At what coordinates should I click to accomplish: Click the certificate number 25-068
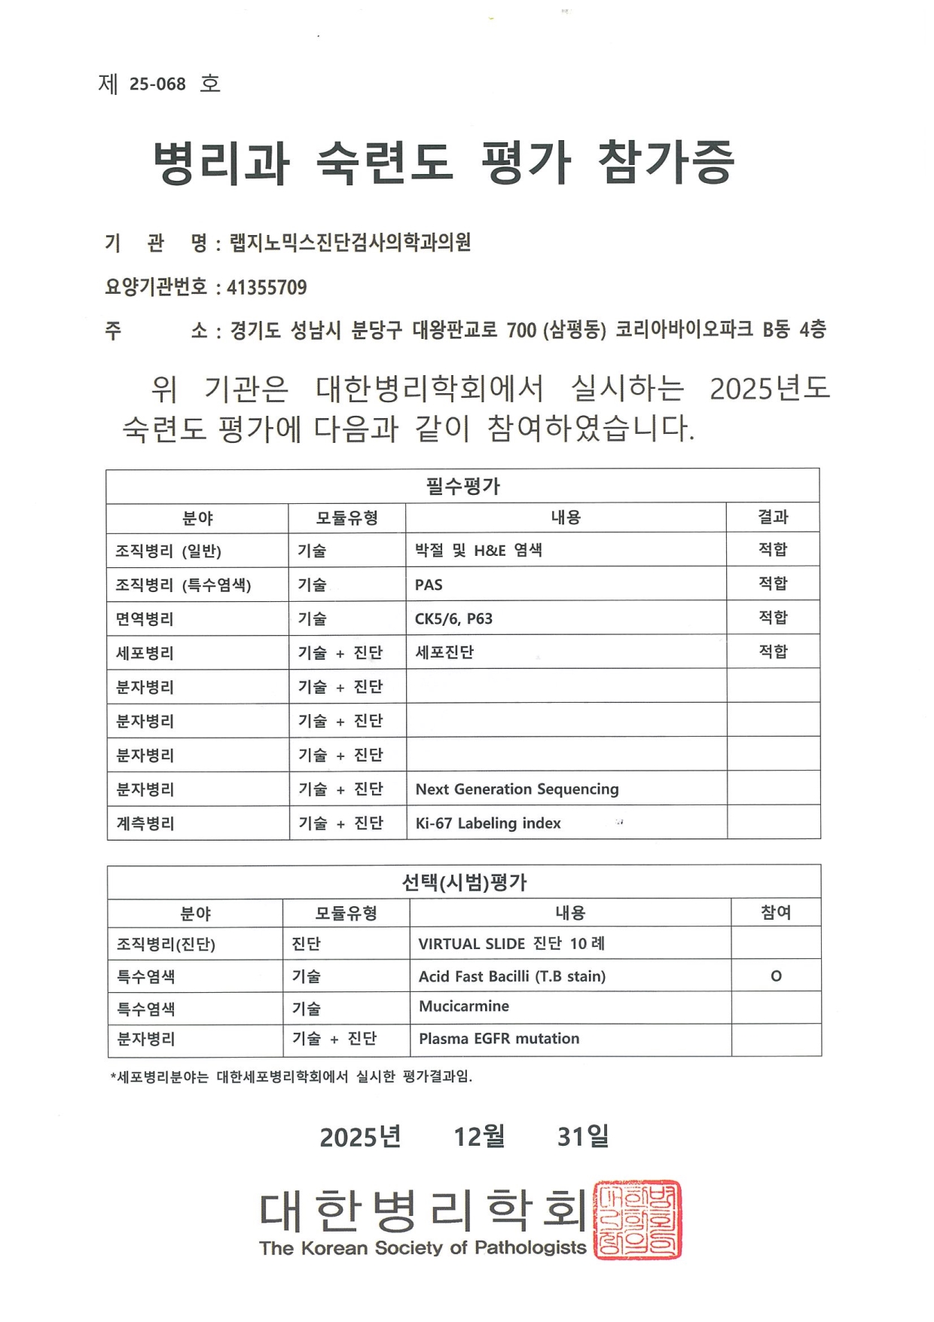point(157,84)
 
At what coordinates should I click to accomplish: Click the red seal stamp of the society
point(637,1220)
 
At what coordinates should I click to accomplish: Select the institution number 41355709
point(267,287)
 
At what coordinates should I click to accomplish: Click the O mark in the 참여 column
point(776,976)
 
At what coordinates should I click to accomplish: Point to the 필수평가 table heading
point(462,486)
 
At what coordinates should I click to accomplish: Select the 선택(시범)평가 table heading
point(464,882)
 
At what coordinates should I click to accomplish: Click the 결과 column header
point(773,518)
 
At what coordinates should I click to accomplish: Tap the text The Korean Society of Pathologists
point(423,1247)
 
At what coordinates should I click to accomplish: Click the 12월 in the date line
point(479,1136)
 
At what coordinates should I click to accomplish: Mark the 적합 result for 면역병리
point(773,618)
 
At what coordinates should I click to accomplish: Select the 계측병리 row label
point(145,823)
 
